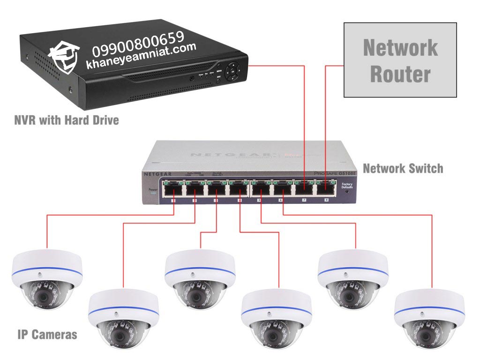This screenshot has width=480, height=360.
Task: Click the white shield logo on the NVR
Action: pyautogui.click(x=64, y=56)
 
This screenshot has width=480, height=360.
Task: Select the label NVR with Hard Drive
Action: pyautogui.click(x=66, y=120)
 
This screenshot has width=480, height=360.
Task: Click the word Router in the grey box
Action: pyautogui.click(x=400, y=74)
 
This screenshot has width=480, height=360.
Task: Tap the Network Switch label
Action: pyautogui.click(x=403, y=168)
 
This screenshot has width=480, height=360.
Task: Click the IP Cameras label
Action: pyautogui.click(x=47, y=335)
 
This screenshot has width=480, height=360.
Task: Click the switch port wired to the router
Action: pyautogui.click(x=326, y=189)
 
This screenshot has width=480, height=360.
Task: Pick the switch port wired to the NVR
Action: pyautogui.click(x=304, y=189)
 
